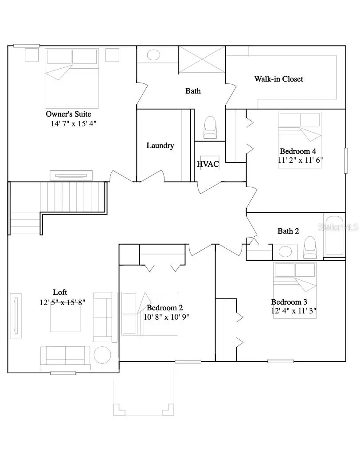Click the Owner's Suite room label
pos(68,114)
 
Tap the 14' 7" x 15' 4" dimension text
pos(74,124)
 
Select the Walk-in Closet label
pos(278,79)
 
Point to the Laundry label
pos(160,145)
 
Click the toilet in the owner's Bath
pos(210,128)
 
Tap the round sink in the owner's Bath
pos(153,55)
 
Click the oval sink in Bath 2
pos(285,252)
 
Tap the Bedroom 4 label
pos(297,151)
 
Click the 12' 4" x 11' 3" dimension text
pos(293,311)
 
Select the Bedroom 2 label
pos(164,308)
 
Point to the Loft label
pos(60,292)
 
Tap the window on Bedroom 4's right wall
pos(345,160)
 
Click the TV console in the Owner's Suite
pos(71,175)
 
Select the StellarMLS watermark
pos(341,227)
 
